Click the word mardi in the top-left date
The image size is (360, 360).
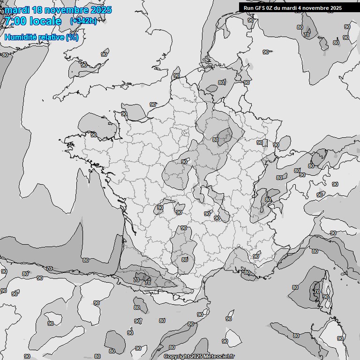(16, 10)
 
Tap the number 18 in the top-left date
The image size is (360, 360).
(36, 10)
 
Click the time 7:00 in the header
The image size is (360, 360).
(15, 21)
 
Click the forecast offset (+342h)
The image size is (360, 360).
(83, 21)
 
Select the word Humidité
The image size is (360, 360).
(20, 37)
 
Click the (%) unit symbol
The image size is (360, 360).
(72, 37)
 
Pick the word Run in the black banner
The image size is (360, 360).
(248, 8)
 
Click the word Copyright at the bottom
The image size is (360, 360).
(177, 357)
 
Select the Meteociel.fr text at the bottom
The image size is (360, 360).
(222, 357)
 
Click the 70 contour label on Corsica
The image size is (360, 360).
(316, 292)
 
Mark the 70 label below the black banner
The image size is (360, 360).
(307, 35)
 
